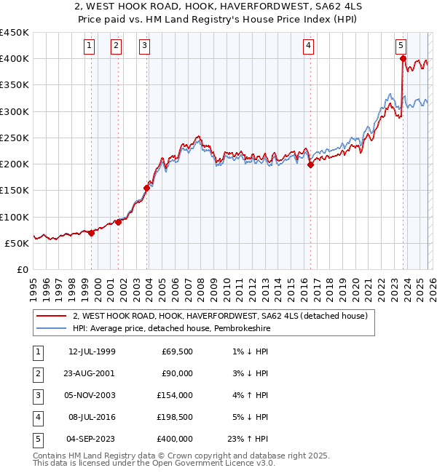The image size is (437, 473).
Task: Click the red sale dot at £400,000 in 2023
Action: [x=403, y=59]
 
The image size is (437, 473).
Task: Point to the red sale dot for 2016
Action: [x=310, y=164]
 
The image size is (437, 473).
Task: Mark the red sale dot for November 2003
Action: [x=147, y=188]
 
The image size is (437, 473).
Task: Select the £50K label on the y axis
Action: [x=17, y=243]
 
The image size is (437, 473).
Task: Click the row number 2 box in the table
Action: [x=37, y=374]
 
